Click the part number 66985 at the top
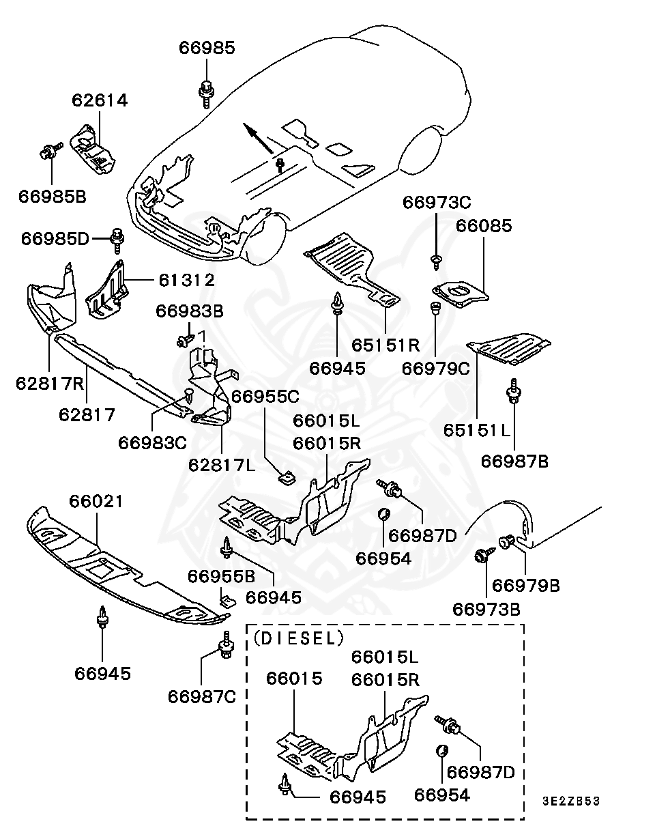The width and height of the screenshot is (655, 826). coord(207,48)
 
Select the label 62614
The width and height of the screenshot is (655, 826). coord(100,100)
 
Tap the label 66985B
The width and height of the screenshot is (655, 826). coord(53,197)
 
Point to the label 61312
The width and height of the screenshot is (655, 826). coord(187,281)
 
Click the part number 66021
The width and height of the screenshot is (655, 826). coord(96,502)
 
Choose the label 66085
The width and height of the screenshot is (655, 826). coord(484,226)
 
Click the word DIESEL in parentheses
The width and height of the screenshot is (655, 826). coord(298,638)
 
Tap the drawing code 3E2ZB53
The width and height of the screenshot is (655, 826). coord(571,801)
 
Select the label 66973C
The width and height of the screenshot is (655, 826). coord(437,203)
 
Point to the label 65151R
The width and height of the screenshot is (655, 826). coord(385,345)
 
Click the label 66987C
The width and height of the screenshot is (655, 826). coord(202,697)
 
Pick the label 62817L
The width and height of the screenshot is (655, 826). coord(222,466)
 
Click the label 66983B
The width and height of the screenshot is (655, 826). coord(190,311)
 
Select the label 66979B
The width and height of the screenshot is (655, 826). coord(526,586)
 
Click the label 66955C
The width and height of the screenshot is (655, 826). coord(265,397)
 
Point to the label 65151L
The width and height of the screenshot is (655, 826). coord(477,430)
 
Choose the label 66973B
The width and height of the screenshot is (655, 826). coord(486,609)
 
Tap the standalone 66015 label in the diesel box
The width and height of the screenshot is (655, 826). coord(294,679)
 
